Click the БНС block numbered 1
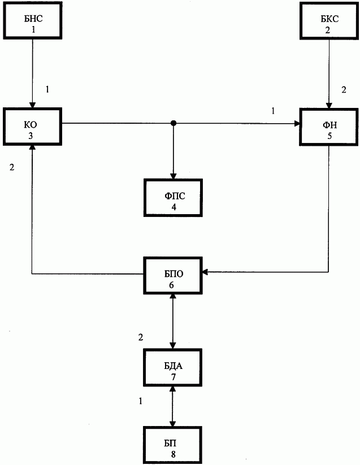pyautogui.click(x=32, y=20)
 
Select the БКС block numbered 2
pyautogui.click(x=329, y=21)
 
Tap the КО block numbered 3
pyautogui.click(x=32, y=127)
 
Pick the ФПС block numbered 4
pyautogui.click(x=173, y=198)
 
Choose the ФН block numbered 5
pyautogui.click(x=329, y=127)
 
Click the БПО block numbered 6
pyautogui.click(x=173, y=276)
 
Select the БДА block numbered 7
pyautogui.click(x=173, y=367)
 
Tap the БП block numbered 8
pyautogui.click(x=172, y=445)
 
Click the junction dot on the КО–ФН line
pyautogui.click(x=174, y=123)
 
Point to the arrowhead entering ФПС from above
pyautogui.click(x=173, y=176)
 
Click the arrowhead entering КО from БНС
pyautogui.click(x=32, y=105)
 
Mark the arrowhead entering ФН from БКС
pyautogui.click(x=329, y=106)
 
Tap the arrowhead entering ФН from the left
pyautogui.click(x=297, y=123)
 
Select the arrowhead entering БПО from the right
pyautogui.click(x=206, y=272)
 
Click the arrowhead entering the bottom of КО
pyautogui.click(x=32, y=149)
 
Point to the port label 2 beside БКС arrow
pyautogui.click(x=344, y=90)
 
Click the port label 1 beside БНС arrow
pyautogui.click(x=47, y=89)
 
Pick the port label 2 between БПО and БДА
pyautogui.click(x=141, y=337)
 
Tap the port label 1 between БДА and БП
pyautogui.click(x=141, y=401)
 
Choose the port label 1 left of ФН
pyautogui.click(x=273, y=111)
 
